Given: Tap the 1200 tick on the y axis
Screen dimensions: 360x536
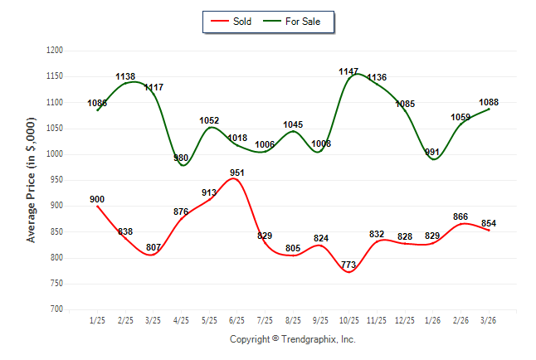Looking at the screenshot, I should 54,51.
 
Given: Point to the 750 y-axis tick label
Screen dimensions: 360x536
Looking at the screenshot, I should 56,284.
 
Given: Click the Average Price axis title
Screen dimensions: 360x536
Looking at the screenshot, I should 32,180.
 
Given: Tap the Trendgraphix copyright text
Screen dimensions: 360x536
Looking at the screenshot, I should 292,339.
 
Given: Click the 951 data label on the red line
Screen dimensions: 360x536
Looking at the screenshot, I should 237,173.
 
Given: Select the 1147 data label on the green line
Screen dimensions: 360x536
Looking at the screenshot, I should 349,71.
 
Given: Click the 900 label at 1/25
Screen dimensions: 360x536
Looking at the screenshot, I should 97,199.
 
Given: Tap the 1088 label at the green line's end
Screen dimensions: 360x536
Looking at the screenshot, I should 490,102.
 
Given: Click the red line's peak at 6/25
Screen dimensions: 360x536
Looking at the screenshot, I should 236,179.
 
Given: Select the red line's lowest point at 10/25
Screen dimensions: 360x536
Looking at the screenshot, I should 349,271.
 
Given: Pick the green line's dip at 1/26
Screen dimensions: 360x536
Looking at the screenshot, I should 434,158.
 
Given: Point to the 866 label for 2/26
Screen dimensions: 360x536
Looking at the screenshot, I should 461,216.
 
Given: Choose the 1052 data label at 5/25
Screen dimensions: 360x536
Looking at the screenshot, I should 209,120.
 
